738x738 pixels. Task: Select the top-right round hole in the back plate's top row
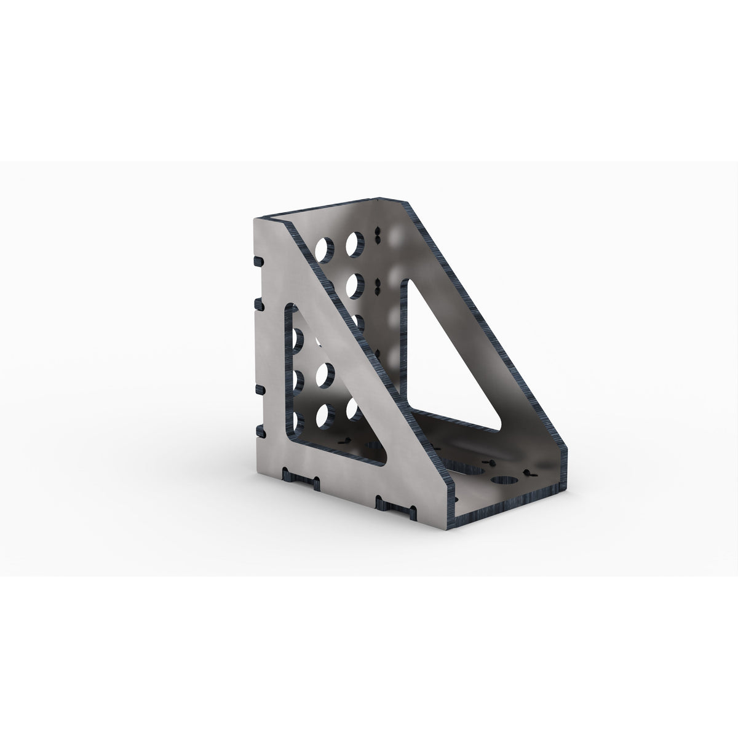[354, 243]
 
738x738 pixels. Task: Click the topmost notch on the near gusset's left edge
[256, 261]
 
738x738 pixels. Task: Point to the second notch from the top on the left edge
[258, 303]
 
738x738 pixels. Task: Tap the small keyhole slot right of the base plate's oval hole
[528, 474]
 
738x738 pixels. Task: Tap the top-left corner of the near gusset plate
[254, 218]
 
